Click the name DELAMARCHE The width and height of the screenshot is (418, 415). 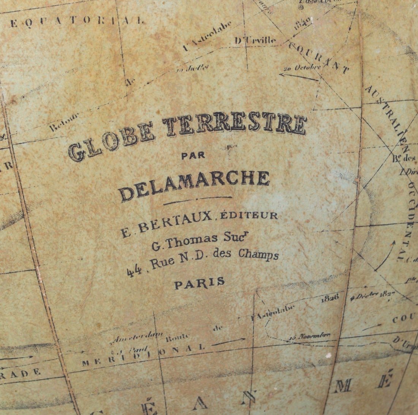[195, 184]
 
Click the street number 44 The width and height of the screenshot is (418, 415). [135, 270]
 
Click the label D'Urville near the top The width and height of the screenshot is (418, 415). [255, 39]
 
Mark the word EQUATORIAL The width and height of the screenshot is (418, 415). [77, 21]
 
